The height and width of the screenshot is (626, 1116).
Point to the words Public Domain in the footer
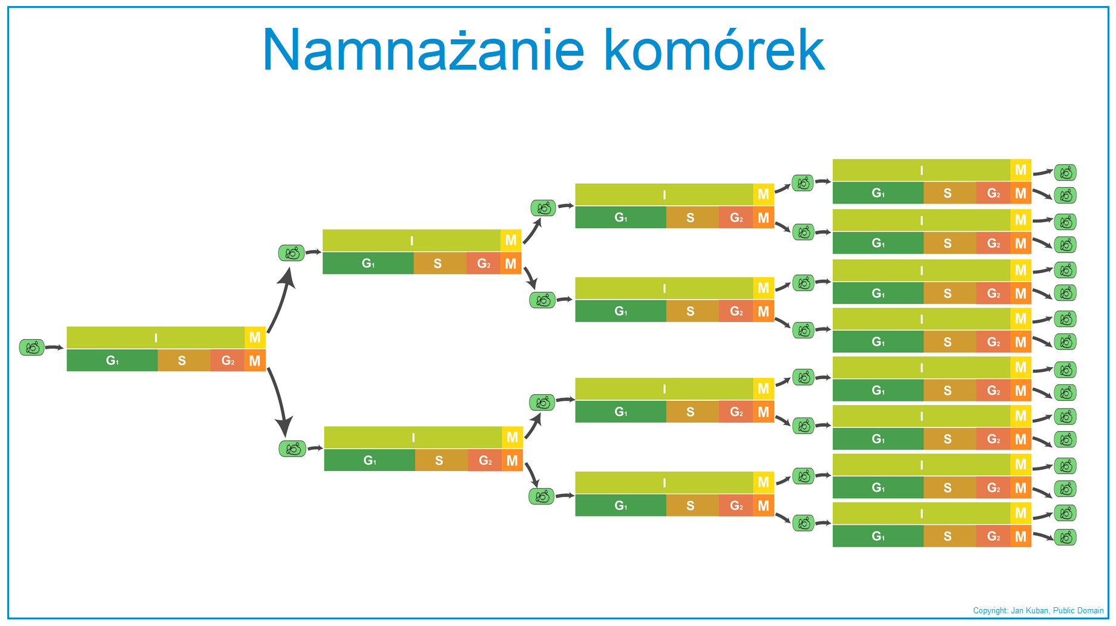1078,610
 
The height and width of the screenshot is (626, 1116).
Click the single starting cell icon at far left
32,348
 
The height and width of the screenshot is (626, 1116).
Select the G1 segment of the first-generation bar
112,361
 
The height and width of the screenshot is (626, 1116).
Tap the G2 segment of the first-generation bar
228,361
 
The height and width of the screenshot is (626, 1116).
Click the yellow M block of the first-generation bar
255,337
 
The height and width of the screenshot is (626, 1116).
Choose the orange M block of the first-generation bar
255,361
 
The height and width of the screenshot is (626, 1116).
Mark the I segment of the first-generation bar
156,337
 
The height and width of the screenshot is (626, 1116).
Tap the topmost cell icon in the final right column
1065,173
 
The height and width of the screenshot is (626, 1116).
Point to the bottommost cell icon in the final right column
1065,537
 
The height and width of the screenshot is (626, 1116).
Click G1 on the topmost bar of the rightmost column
878,193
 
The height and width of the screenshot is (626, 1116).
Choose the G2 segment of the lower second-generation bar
485,460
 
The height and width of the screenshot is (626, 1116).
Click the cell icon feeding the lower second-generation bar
292,449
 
